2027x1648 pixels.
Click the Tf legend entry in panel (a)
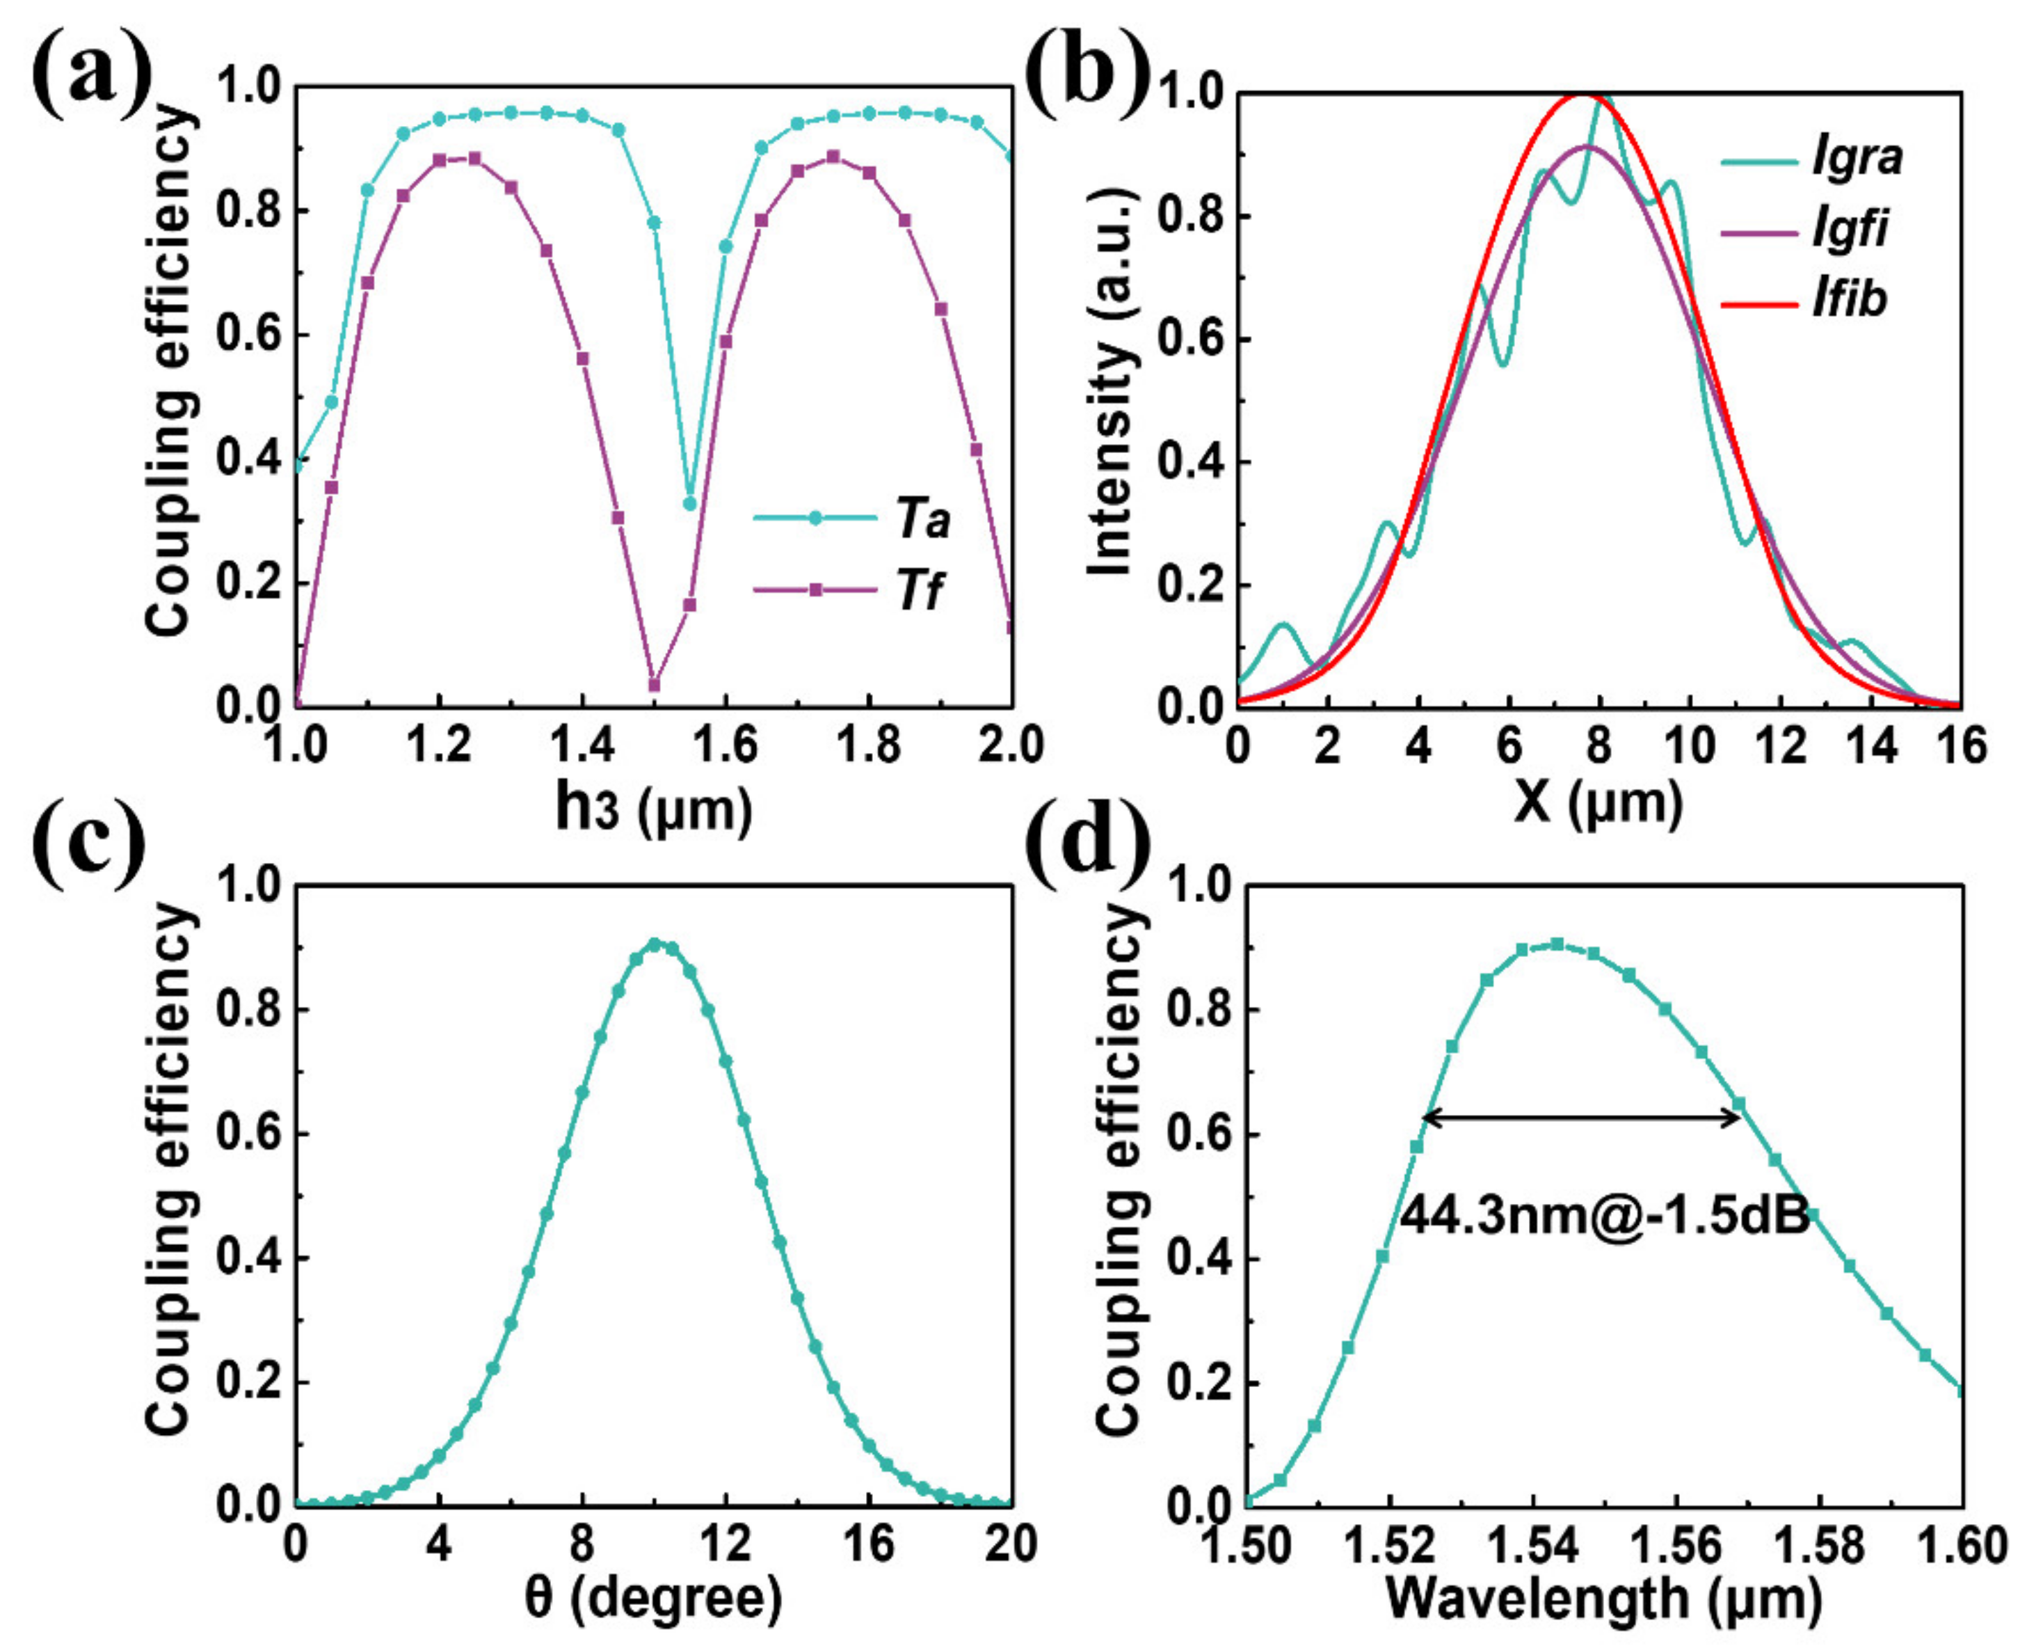(919, 590)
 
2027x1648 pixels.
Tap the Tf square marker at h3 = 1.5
(654, 684)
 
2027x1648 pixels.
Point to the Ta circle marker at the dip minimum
(690, 503)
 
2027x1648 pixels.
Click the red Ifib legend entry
(1850, 299)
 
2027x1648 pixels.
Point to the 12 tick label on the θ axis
(726, 1544)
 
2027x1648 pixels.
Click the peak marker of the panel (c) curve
(655, 944)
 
